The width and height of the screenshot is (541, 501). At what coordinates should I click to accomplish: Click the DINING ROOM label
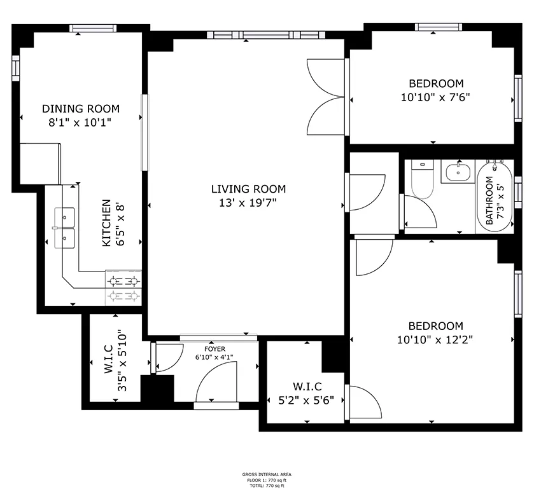coord(81,109)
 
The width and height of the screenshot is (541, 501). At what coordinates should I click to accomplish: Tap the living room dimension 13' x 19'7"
coord(248,203)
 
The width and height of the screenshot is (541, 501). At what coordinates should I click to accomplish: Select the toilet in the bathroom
coord(423,179)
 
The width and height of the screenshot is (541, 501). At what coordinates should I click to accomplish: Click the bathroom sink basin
coord(458,172)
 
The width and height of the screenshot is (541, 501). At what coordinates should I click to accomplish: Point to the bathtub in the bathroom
coord(495,196)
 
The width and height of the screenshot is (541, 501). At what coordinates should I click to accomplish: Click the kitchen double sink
coord(64,228)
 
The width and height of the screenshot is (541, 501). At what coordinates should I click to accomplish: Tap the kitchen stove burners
coord(123,288)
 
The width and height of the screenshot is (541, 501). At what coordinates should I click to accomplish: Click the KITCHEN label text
coord(107,223)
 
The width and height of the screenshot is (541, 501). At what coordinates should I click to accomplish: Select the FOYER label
coord(214,349)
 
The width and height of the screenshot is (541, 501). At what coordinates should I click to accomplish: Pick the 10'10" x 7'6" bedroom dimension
coord(435,97)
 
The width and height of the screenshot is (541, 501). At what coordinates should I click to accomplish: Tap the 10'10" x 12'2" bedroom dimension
coord(435,340)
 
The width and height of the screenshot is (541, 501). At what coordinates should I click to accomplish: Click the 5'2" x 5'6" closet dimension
coord(306,401)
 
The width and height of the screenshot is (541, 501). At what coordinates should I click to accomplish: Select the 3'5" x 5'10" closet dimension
coord(122,363)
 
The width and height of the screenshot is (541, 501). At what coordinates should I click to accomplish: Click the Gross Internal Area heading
coord(267,474)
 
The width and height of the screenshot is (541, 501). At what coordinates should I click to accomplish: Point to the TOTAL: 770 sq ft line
coord(267,486)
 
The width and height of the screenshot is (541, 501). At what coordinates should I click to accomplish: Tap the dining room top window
coord(93,28)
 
